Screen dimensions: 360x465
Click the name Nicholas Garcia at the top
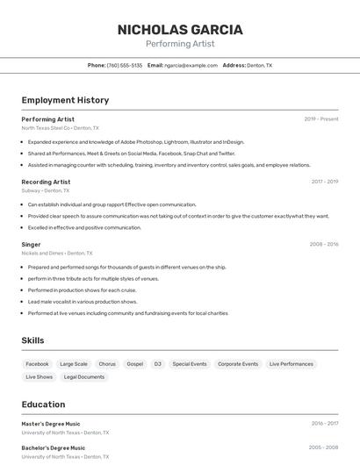pyautogui.click(x=180, y=29)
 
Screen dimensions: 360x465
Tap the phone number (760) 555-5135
pyautogui.click(x=125, y=65)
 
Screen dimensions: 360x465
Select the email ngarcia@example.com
pyautogui.click(x=191, y=65)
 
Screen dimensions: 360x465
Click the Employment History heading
pyautogui.click(x=65, y=100)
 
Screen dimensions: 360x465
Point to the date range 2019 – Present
pyautogui.click(x=321, y=118)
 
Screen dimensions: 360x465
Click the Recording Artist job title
pyautogui.click(x=46, y=182)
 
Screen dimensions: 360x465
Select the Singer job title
pyautogui.click(x=31, y=244)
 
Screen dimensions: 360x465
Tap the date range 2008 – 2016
pyautogui.click(x=324, y=244)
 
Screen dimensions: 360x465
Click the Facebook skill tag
pyautogui.click(x=38, y=363)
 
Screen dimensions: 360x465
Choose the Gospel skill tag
pyautogui.click(x=134, y=363)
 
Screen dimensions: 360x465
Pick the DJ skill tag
pyautogui.click(x=158, y=363)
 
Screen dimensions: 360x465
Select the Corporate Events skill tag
pyautogui.click(x=238, y=363)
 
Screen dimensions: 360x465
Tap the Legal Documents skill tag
pyautogui.click(x=84, y=376)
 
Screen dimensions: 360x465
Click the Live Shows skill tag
pyautogui.click(x=40, y=376)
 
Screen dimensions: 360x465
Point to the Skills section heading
pyautogui.click(x=32, y=340)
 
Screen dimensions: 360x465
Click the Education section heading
pyautogui.click(x=43, y=404)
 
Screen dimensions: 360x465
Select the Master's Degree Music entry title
pyautogui.click(x=51, y=424)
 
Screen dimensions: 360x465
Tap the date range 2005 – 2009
pyautogui.click(x=323, y=447)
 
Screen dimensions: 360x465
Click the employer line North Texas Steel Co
pyautogui.click(x=60, y=127)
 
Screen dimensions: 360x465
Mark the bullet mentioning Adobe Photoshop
pyautogui.click(x=136, y=141)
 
